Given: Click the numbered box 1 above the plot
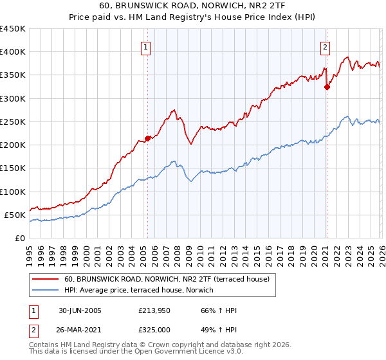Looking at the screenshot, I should tap(147, 47).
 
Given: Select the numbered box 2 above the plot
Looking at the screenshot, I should tap(326, 47).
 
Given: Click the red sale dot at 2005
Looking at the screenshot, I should tap(148, 138).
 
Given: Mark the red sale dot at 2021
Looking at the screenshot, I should tap(327, 87).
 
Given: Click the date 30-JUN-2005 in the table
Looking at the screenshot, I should tap(80, 311).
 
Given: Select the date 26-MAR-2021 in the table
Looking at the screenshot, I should tap(80, 329).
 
